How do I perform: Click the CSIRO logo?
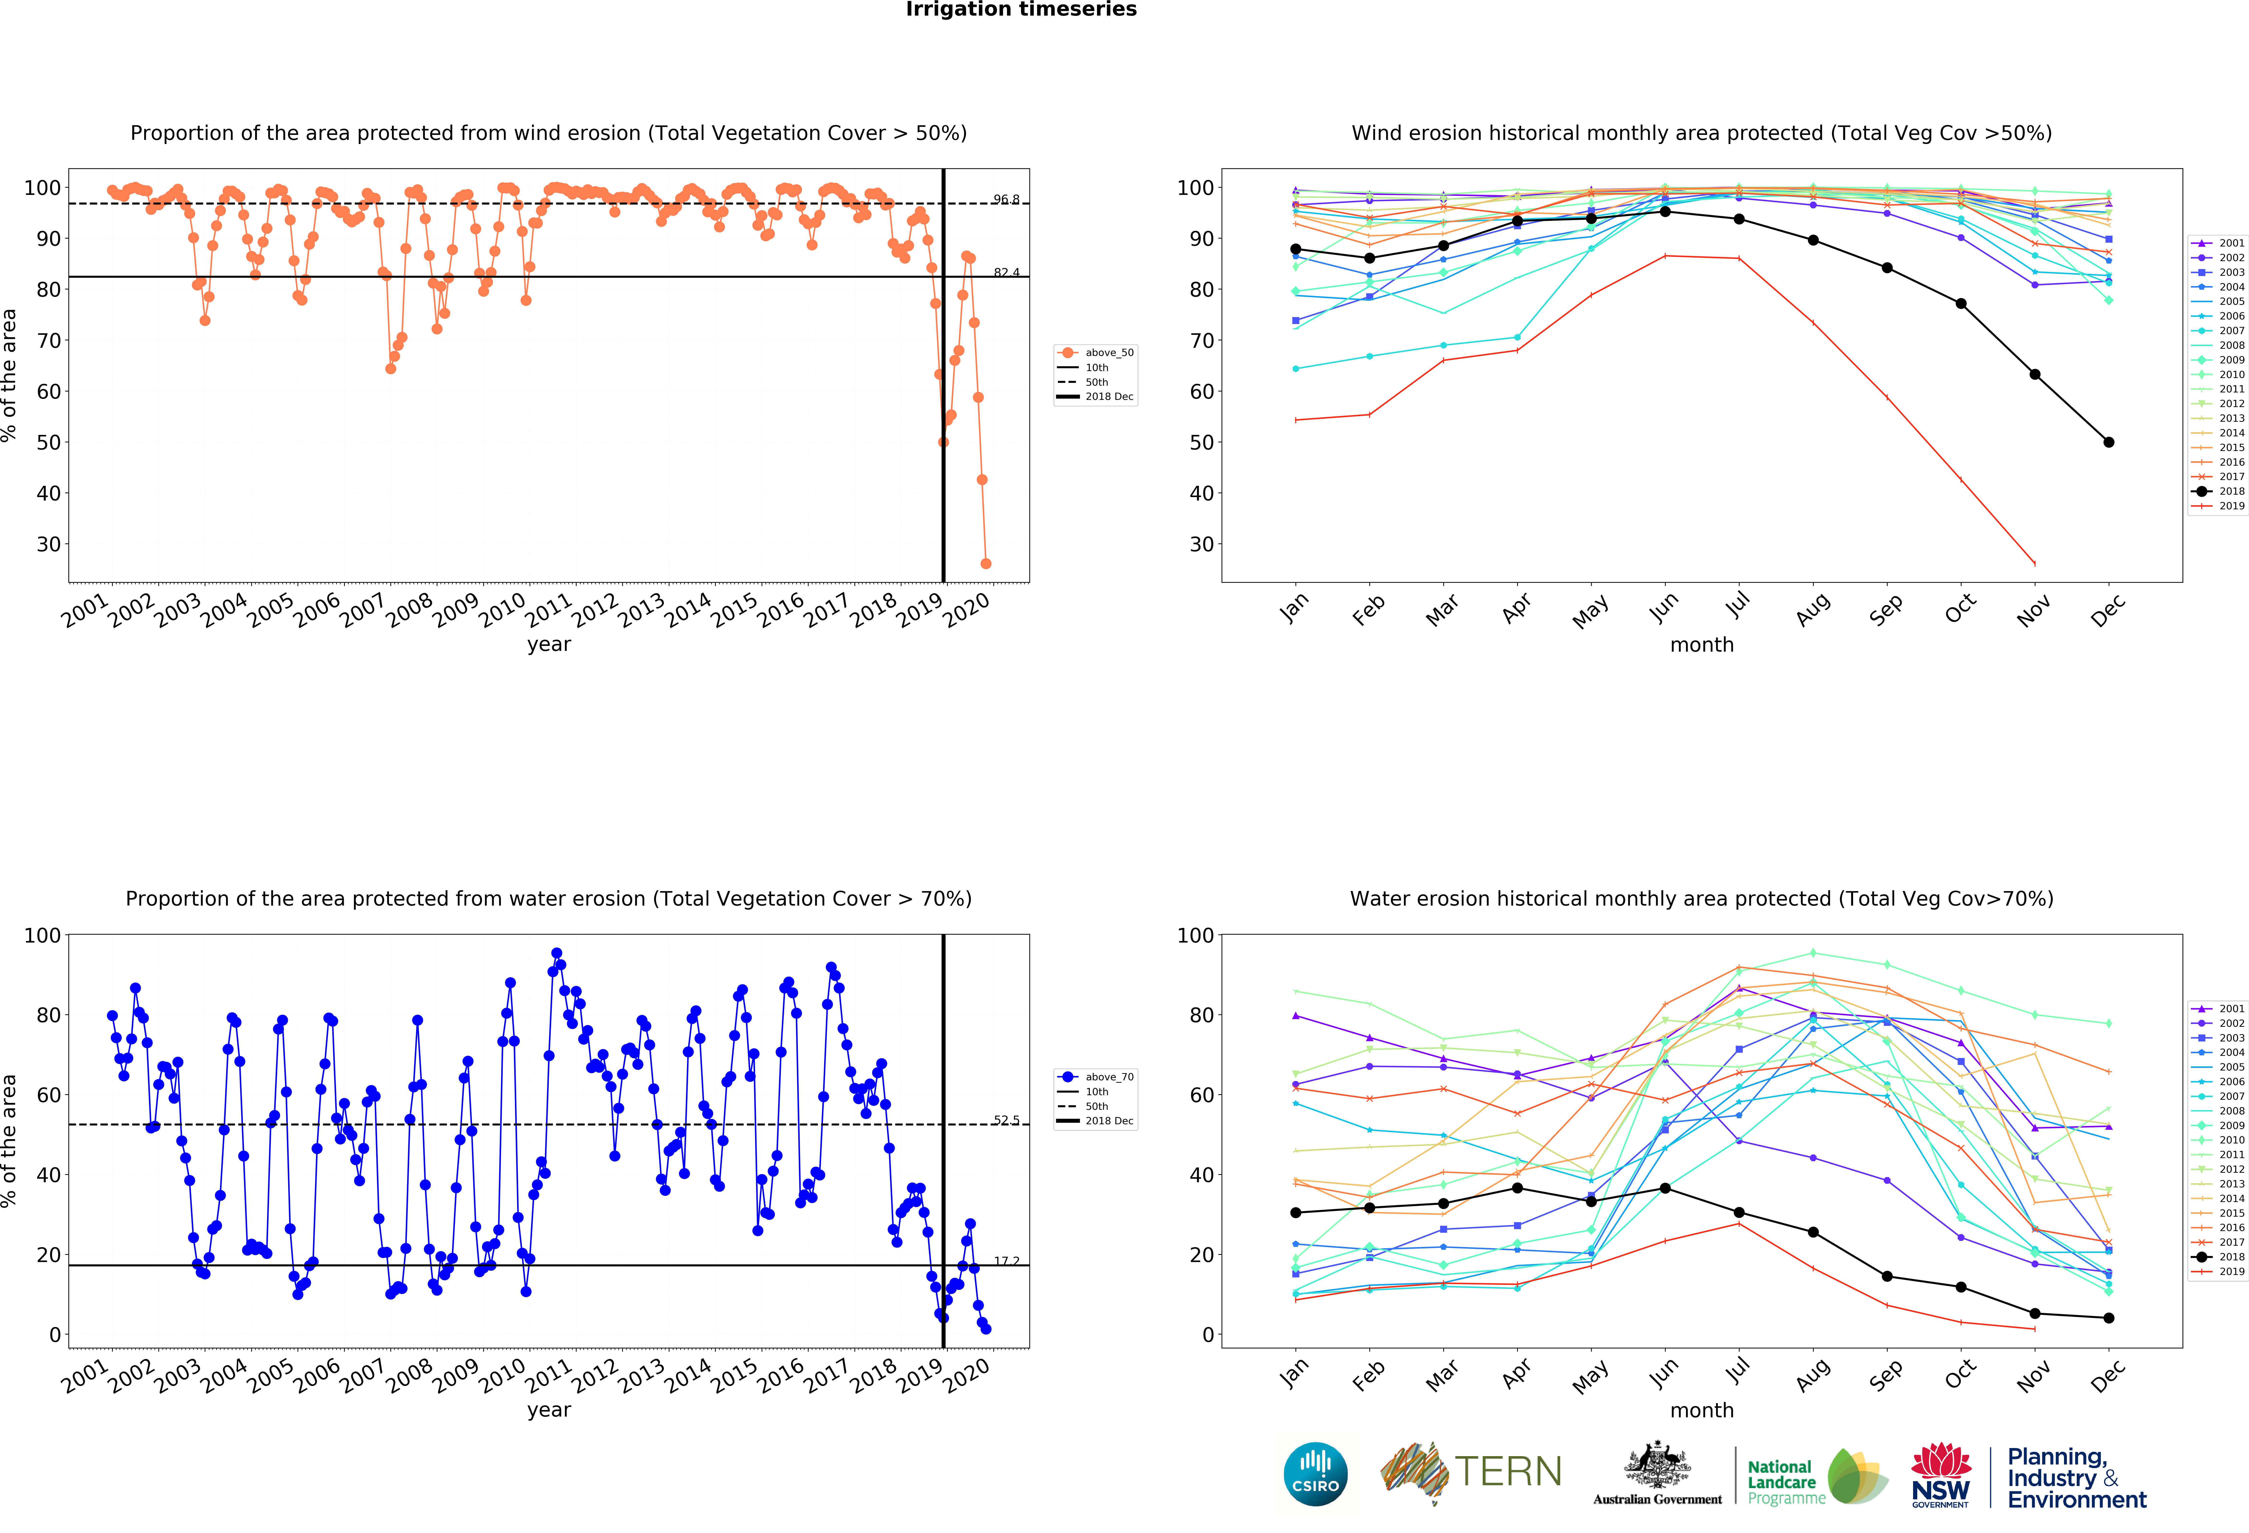click(x=1315, y=1474)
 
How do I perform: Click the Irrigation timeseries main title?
click(x=1021, y=10)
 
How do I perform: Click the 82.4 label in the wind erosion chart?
click(x=1006, y=272)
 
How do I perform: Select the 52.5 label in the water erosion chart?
click(x=1006, y=1120)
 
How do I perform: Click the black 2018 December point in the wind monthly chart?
click(x=2109, y=442)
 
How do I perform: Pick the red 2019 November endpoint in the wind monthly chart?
click(x=2034, y=563)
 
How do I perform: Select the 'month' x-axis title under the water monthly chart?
click(x=1701, y=1410)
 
